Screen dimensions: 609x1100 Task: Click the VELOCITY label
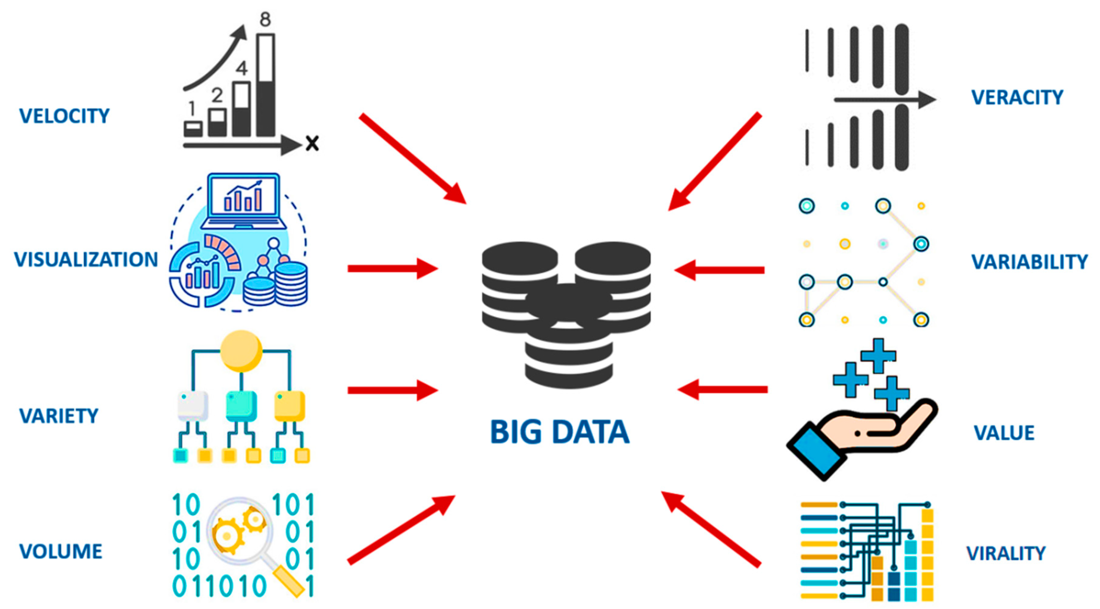click(64, 116)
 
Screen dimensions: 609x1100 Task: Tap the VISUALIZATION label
click(86, 260)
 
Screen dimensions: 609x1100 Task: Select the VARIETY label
click(59, 416)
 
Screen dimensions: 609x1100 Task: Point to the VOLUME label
click(61, 551)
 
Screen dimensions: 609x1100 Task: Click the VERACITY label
click(1017, 98)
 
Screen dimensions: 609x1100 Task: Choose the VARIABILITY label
click(1030, 262)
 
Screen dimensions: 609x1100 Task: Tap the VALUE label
click(1004, 433)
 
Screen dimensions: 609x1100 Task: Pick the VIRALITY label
click(1006, 553)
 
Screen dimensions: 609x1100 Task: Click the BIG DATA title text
click(560, 432)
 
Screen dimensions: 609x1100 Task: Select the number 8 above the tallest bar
click(265, 19)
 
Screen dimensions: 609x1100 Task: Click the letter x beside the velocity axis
click(312, 143)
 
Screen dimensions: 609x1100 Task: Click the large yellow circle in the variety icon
click(241, 351)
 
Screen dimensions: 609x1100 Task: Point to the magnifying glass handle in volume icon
click(288, 580)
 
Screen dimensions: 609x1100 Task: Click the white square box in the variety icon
click(192, 405)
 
